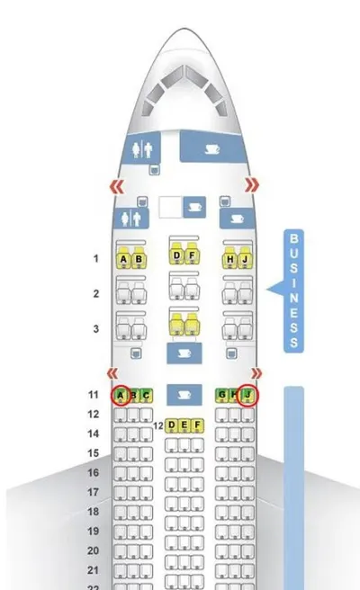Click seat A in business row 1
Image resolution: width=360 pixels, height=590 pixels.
(x=123, y=258)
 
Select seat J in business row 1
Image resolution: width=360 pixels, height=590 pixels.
(x=245, y=258)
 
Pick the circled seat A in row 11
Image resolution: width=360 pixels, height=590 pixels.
(x=121, y=396)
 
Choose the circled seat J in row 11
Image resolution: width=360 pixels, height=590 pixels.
(x=247, y=395)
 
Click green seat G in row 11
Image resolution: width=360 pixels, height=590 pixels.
(x=221, y=395)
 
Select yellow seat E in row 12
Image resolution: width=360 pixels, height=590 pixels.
(x=184, y=425)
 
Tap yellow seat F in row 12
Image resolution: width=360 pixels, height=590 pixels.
(x=197, y=425)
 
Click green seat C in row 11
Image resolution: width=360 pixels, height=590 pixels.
(x=146, y=396)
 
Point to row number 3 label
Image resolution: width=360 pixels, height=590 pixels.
(x=96, y=328)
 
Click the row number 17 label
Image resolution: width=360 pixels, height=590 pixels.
(x=93, y=492)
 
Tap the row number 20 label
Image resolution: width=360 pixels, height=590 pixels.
(x=93, y=550)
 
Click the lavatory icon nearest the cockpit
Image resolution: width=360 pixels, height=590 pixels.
(x=142, y=149)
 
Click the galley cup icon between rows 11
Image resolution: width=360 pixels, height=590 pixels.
(x=184, y=395)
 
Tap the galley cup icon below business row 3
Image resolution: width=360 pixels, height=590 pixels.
(x=184, y=353)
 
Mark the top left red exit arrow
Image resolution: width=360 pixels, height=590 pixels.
(x=117, y=186)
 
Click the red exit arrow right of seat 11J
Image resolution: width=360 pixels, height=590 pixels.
(x=256, y=373)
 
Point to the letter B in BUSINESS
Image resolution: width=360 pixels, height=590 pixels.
(x=293, y=238)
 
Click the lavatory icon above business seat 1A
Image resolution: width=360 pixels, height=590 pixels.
(x=131, y=219)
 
